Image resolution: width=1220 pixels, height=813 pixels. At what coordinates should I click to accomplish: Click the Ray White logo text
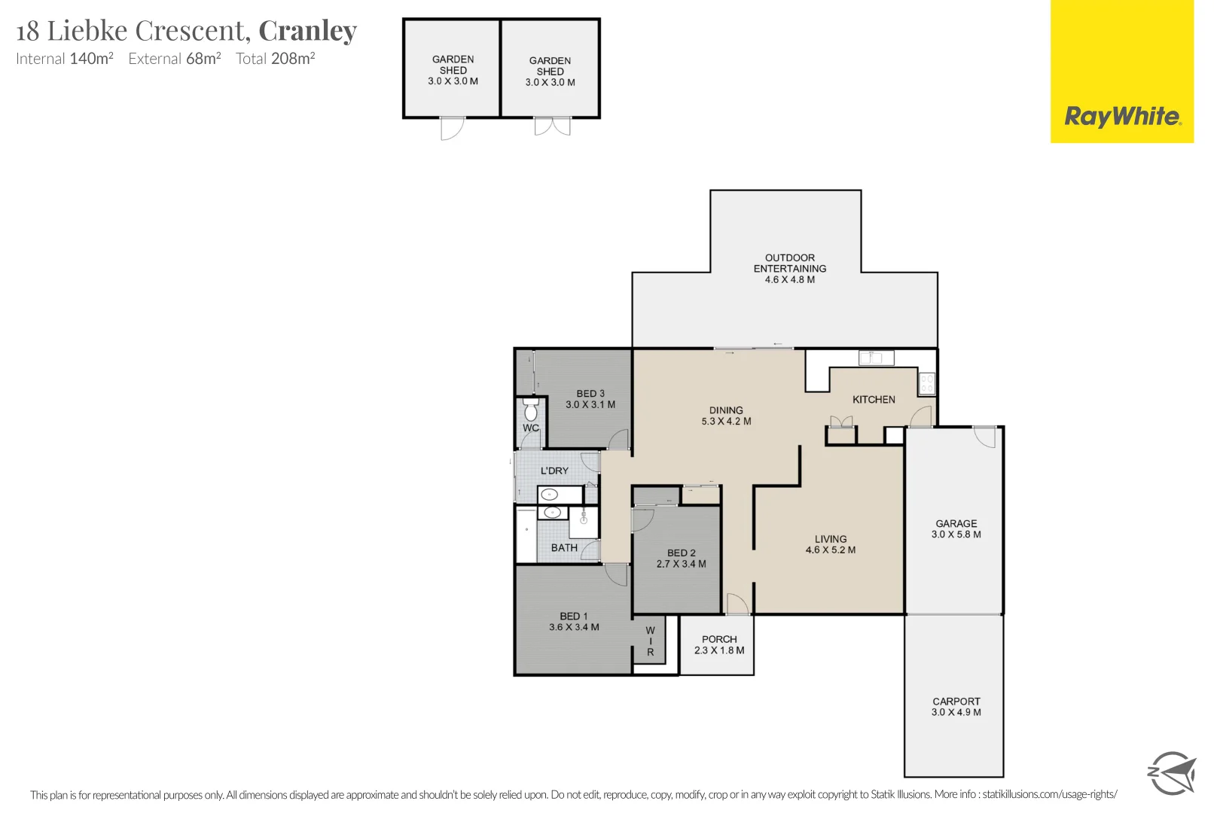pyautogui.click(x=1122, y=117)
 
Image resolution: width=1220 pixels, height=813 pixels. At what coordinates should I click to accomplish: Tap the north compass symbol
pyautogui.click(x=1171, y=772)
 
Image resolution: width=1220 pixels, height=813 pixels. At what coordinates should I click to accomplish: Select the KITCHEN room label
pyautogui.click(x=874, y=400)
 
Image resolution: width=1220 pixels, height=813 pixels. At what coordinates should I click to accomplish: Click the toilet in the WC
pyautogui.click(x=531, y=411)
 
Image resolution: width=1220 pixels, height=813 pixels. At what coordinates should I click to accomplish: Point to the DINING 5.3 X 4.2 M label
pyautogui.click(x=726, y=416)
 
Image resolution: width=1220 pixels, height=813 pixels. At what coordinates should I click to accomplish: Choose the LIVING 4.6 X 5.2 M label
pyautogui.click(x=830, y=544)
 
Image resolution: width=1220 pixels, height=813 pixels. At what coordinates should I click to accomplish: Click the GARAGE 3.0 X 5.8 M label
pyautogui.click(x=956, y=529)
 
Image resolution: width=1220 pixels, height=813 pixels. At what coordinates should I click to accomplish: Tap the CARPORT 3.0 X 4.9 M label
pyautogui.click(x=956, y=706)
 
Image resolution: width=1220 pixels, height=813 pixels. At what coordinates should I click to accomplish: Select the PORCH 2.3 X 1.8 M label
pyautogui.click(x=719, y=644)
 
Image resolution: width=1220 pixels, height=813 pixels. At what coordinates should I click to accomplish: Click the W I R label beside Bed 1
pyautogui.click(x=651, y=641)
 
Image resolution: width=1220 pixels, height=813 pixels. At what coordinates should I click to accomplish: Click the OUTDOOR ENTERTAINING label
pyautogui.click(x=789, y=268)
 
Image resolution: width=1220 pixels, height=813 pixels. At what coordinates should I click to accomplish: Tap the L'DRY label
pyautogui.click(x=554, y=470)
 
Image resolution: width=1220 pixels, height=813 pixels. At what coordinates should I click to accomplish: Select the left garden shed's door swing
pyautogui.click(x=452, y=129)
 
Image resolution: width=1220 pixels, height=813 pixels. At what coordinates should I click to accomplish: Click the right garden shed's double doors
pyautogui.click(x=552, y=126)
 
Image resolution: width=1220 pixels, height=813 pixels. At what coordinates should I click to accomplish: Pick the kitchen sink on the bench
pyautogui.click(x=876, y=358)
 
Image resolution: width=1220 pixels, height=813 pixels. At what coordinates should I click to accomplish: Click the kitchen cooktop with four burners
pyautogui.click(x=926, y=383)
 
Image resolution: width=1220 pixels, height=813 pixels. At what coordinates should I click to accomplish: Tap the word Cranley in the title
pyautogui.click(x=307, y=31)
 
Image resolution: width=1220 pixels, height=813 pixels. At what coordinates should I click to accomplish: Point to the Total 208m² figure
pyautogui.click(x=275, y=59)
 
